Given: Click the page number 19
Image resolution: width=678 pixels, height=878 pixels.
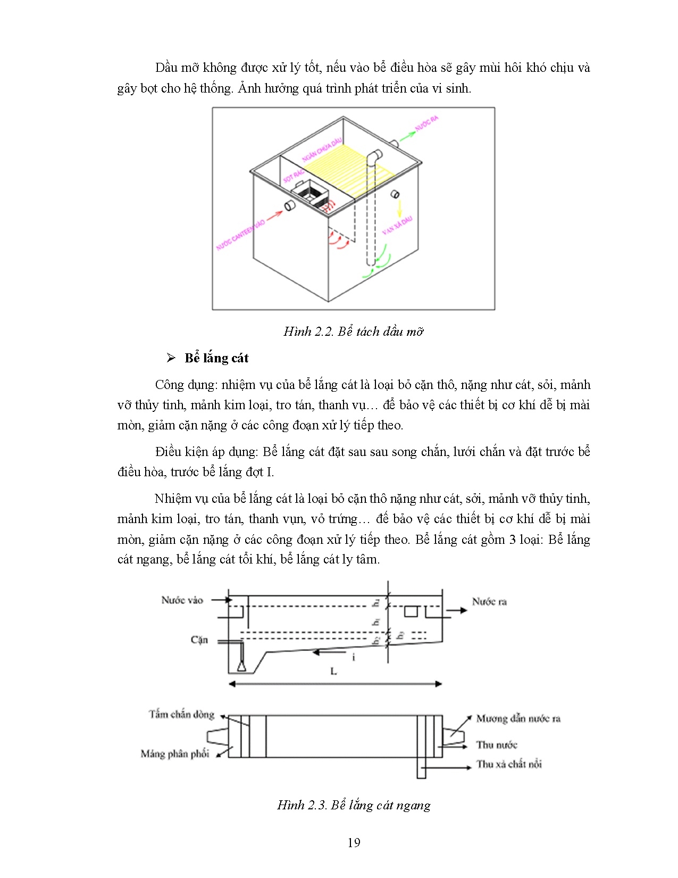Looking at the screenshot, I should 354,842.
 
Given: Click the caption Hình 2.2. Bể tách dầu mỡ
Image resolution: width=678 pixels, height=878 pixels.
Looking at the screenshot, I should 354,332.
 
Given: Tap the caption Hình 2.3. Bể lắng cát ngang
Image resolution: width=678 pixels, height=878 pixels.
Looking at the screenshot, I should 354,805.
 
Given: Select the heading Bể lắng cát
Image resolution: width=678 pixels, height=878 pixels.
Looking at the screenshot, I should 216,358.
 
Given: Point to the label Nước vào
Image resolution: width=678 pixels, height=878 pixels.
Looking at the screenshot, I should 182,600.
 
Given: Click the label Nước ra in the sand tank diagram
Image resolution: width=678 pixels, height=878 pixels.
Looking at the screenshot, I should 489,602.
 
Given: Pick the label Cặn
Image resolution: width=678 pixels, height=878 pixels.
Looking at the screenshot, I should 199,640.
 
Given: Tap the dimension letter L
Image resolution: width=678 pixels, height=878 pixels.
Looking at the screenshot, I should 334,672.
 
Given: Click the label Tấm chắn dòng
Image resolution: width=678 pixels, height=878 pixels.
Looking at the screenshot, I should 181,714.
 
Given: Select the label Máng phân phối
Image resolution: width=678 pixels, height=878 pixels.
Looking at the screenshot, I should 175,753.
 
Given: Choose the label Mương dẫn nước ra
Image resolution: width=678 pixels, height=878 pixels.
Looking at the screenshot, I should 518,718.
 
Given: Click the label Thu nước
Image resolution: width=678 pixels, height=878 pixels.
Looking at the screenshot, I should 497,744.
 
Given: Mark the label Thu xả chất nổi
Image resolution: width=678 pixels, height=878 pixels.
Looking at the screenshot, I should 509,764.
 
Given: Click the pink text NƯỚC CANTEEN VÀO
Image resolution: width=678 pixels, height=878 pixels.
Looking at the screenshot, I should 240,235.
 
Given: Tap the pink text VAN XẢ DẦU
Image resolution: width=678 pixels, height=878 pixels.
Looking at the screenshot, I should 397,226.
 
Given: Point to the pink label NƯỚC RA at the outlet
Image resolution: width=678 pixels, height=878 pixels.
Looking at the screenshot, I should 426,123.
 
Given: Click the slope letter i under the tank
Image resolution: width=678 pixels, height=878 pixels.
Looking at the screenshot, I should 354,658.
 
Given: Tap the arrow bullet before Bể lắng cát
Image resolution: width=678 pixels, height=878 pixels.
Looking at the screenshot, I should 171,358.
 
